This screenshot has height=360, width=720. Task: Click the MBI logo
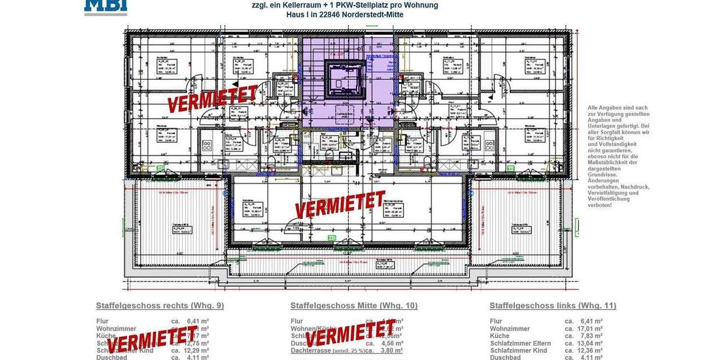[x=105, y=7]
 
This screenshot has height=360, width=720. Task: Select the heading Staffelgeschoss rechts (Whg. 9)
[x=160, y=305]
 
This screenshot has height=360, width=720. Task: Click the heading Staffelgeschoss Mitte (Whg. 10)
[x=354, y=305]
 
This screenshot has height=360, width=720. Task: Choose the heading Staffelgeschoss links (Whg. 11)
[x=553, y=305]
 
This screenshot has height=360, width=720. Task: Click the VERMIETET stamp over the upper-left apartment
[x=213, y=99]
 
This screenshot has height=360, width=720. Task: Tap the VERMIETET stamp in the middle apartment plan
[x=340, y=204]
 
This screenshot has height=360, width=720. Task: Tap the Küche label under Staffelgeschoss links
[x=500, y=336]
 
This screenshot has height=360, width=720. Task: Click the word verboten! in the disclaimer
[x=600, y=205]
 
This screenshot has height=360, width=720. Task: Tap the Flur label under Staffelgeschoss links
[x=496, y=322]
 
